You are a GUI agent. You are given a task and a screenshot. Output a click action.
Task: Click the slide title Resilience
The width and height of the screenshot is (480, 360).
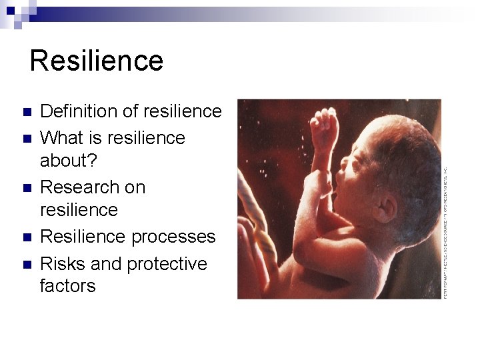97,61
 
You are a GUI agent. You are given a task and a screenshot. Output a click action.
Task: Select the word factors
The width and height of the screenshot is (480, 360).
67,286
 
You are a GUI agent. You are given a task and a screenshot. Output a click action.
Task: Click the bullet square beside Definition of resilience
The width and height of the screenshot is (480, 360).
26,111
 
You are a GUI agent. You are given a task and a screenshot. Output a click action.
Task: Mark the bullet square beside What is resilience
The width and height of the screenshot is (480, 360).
26,139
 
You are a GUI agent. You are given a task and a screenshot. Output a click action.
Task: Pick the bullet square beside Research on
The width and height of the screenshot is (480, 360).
26,188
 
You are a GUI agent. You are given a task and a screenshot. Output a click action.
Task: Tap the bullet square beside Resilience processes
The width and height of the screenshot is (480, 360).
26,237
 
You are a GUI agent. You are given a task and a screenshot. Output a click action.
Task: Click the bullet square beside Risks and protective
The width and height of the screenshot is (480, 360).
26,265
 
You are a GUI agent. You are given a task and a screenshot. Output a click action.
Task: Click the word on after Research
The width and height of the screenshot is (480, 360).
135,187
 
